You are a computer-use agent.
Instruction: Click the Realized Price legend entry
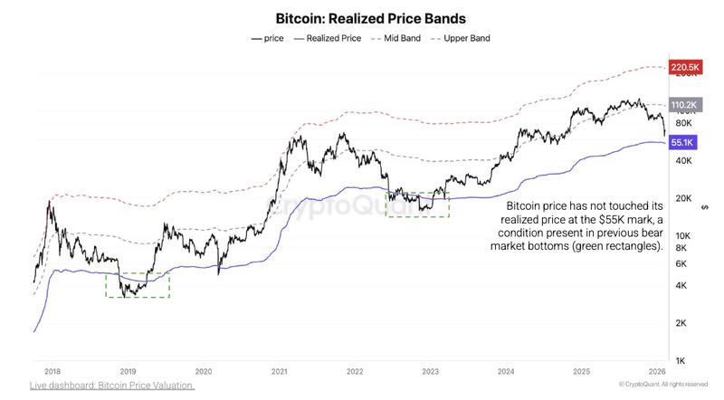[327, 39]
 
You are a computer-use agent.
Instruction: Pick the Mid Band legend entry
[397, 39]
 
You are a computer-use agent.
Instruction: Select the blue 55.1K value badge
[681, 142]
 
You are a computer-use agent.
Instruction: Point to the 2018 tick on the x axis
[52, 371]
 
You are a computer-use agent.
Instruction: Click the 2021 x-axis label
[279, 371]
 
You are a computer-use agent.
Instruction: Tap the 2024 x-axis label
[506, 371]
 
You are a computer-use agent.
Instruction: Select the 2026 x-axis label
[658, 371]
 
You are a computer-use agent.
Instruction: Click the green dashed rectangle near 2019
[138, 285]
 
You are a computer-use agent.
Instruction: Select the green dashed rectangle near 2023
[417, 205]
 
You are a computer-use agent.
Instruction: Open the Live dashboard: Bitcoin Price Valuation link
[111, 386]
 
